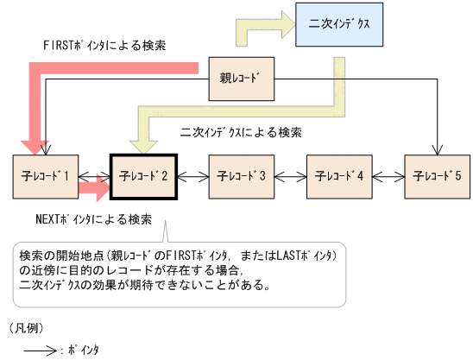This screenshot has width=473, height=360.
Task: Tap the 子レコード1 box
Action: coord(44,175)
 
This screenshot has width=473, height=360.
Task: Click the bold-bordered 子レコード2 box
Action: coord(143,175)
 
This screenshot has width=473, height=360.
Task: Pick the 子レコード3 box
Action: coord(241,175)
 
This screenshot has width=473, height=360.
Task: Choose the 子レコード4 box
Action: coord(339,175)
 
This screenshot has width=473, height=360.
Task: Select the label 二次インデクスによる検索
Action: coord(241,132)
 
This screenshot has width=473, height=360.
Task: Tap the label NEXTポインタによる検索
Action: coord(93,219)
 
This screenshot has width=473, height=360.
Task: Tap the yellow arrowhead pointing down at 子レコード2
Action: coord(141,138)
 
